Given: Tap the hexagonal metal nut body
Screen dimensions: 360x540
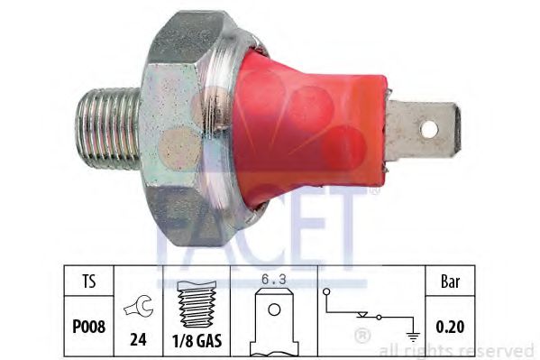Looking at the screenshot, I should pyautogui.click(x=180, y=126).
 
